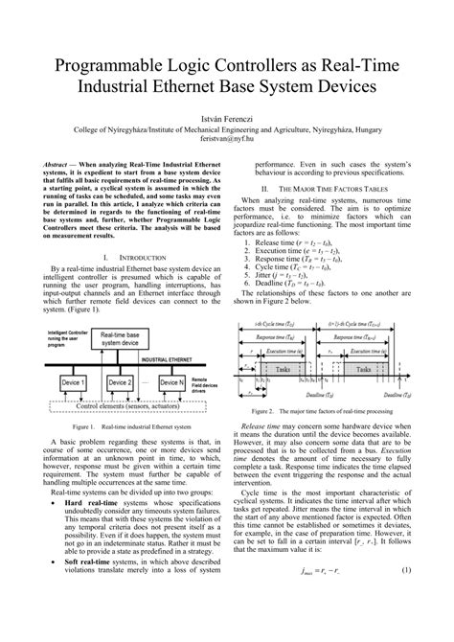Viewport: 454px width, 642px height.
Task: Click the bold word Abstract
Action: click(58, 165)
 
